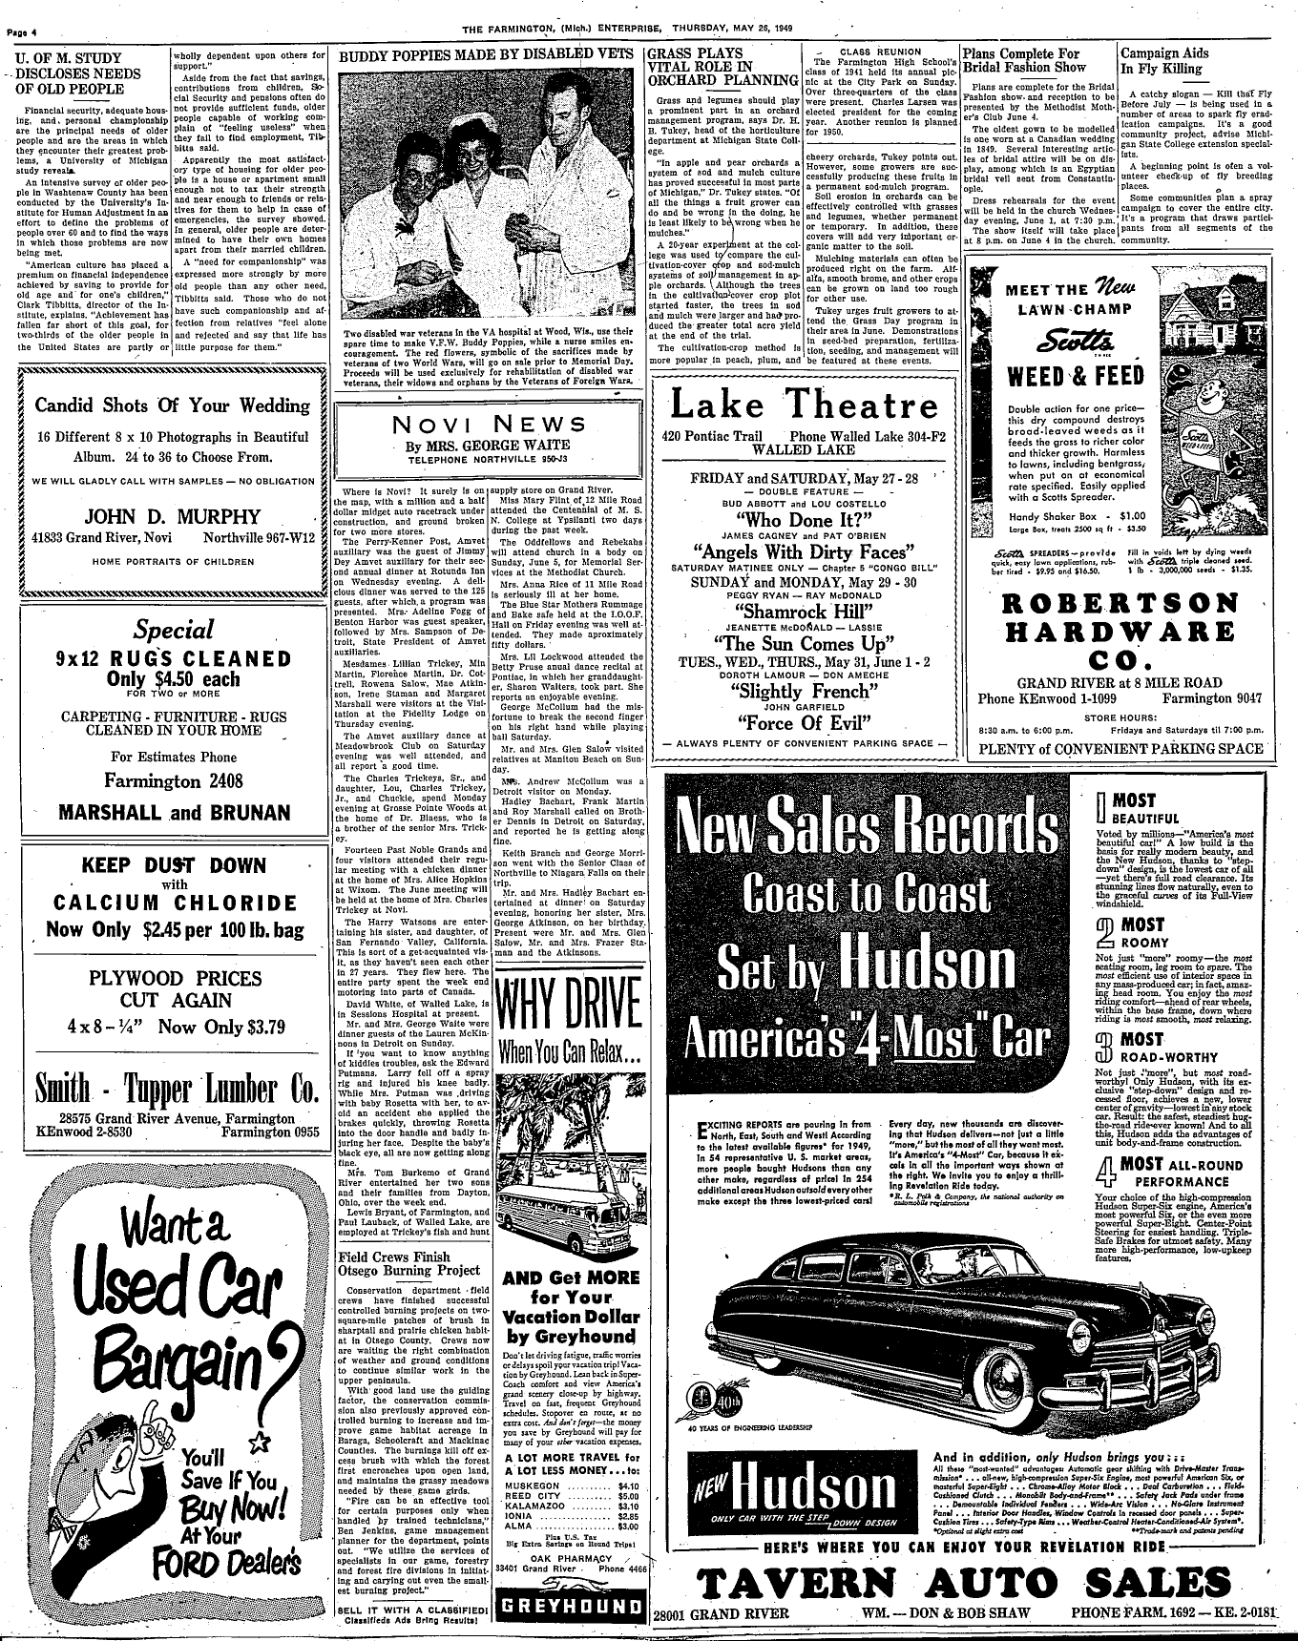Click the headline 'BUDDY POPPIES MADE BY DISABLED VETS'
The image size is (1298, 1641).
point(487,54)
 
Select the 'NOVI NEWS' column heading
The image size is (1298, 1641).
point(487,426)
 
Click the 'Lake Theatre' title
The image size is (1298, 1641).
point(805,406)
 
